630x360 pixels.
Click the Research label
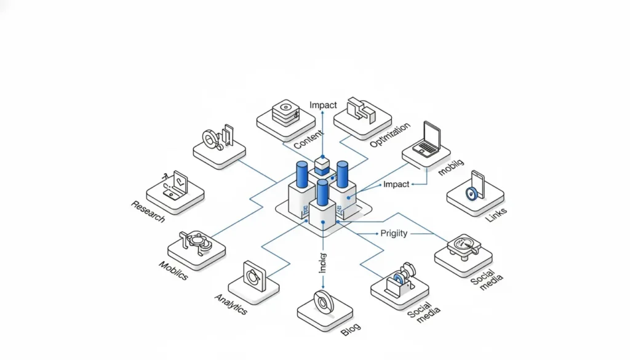(148, 211)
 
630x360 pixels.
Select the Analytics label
(231, 303)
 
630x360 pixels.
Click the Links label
(496, 216)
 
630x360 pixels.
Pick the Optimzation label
(390, 135)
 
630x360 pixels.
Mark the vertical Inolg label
(322, 263)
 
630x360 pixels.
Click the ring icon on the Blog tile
(323, 302)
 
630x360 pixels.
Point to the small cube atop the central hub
(322, 164)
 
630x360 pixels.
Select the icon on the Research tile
(175, 185)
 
